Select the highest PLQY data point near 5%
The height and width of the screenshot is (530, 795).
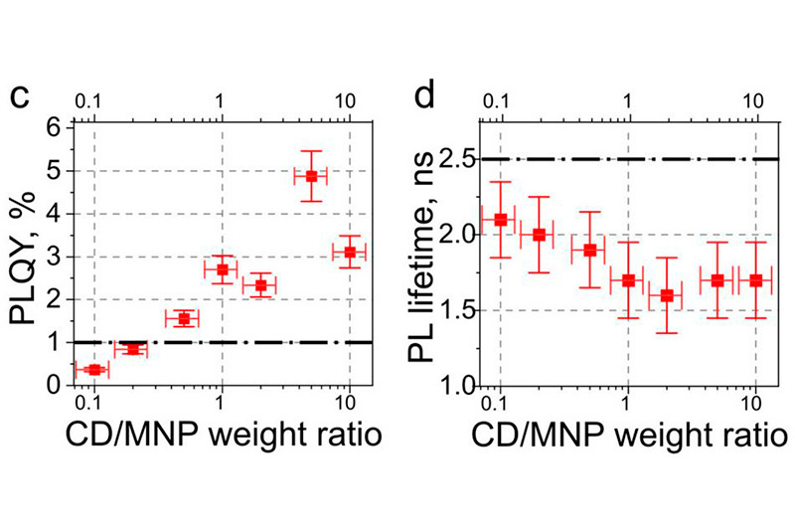point(311,176)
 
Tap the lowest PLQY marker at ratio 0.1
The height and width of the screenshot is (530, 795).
point(93,369)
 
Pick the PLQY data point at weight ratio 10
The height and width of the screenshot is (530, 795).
point(349,253)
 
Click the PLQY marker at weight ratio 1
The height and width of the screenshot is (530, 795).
point(222,269)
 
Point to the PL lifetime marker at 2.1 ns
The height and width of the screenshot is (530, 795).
point(501,220)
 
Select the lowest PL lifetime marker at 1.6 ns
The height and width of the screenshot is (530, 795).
point(667,295)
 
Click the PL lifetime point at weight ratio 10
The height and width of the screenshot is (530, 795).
point(756,280)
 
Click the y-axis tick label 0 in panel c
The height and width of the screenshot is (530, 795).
point(56,385)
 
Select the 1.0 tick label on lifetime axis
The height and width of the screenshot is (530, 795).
point(453,385)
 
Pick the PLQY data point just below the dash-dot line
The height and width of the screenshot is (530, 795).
point(132,349)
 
